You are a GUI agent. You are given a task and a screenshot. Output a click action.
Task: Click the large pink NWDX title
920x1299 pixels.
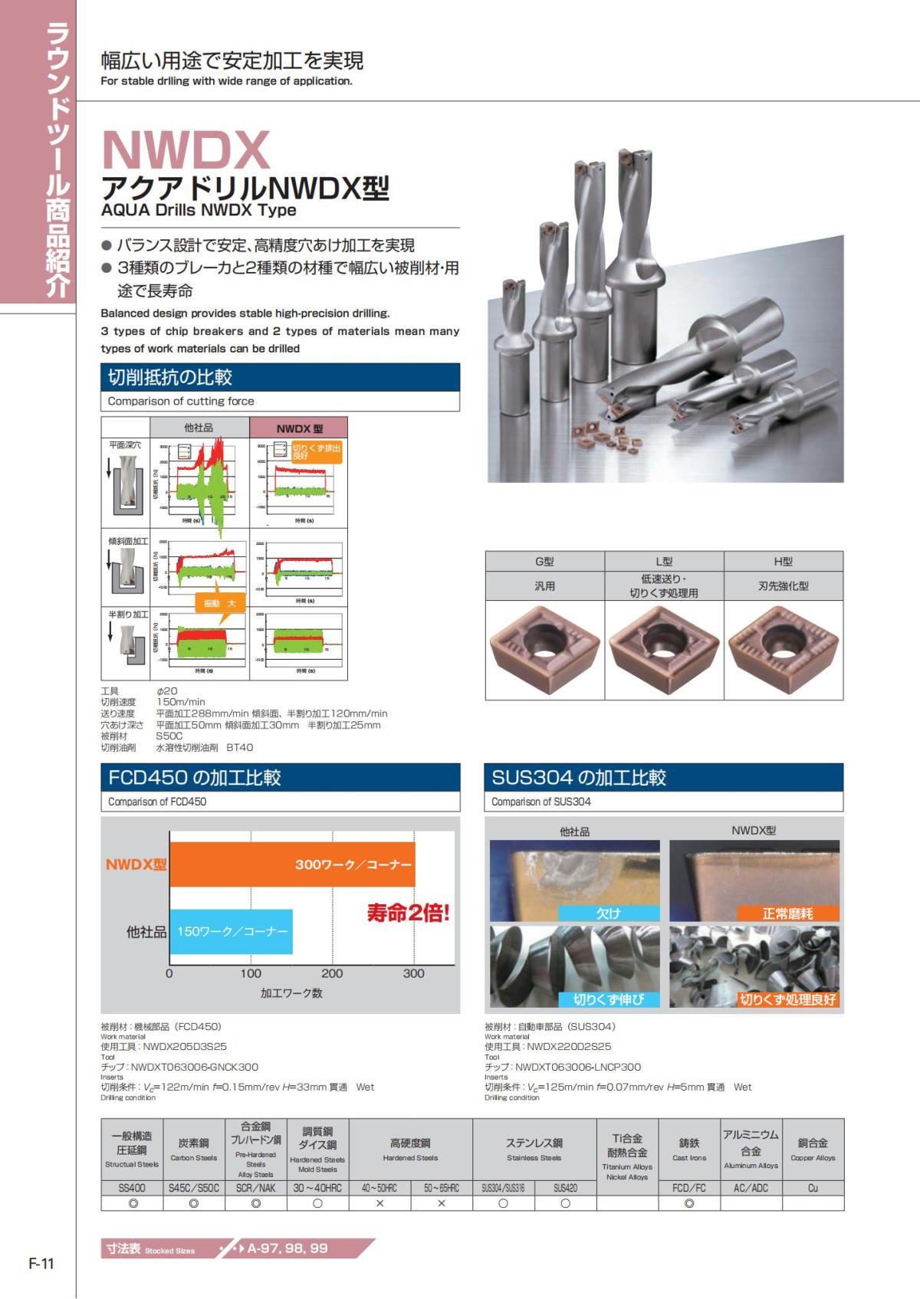click(186, 150)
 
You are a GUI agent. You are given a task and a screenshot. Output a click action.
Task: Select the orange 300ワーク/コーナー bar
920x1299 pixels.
click(291, 864)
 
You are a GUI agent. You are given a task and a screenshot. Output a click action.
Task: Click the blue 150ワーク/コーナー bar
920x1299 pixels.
click(232, 931)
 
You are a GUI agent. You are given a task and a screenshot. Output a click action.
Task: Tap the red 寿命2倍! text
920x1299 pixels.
click(408, 913)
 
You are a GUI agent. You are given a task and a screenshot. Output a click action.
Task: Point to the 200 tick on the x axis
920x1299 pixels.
click(332, 973)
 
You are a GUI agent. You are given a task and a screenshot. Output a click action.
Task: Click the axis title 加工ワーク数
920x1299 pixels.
click(291, 993)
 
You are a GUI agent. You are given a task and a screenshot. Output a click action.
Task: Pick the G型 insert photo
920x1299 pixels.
click(544, 650)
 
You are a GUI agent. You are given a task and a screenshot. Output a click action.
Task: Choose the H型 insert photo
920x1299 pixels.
click(783, 650)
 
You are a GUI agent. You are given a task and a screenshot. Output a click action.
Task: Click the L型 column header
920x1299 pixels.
click(664, 562)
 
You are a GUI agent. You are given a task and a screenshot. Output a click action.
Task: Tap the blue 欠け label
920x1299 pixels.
click(609, 913)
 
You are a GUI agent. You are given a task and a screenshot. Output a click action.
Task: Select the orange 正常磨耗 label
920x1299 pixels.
click(787, 913)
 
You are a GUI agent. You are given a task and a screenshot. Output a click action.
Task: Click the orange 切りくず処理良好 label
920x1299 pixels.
click(787, 999)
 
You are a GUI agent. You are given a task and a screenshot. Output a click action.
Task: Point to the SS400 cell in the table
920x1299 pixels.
click(132, 1188)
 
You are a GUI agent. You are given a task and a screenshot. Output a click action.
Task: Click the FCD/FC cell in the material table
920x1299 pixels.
click(689, 1188)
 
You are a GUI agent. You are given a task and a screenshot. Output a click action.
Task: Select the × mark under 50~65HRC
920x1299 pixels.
click(442, 1203)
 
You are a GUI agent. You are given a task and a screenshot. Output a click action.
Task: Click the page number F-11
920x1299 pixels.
click(41, 1264)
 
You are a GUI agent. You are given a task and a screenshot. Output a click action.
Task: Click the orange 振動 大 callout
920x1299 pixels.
click(220, 604)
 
